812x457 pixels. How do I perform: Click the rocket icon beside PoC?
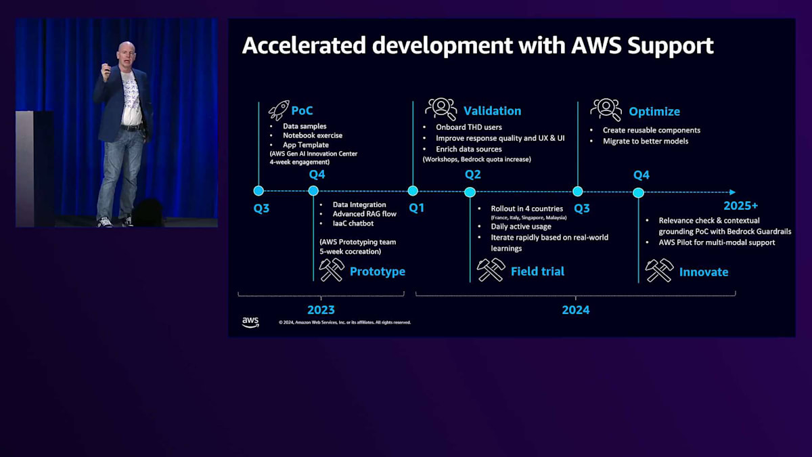pyautogui.click(x=278, y=110)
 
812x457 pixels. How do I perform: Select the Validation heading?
pyautogui.click(x=492, y=111)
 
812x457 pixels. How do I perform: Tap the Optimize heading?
pyautogui.click(x=654, y=112)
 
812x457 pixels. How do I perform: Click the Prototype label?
pyautogui.click(x=377, y=271)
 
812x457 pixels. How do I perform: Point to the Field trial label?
pyautogui.click(x=537, y=271)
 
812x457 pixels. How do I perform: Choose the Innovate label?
pyautogui.click(x=704, y=272)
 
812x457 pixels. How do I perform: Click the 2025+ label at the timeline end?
pyautogui.click(x=740, y=206)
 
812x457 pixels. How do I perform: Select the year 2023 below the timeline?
pyautogui.click(x=321, y=310)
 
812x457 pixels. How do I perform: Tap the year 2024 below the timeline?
pyautogui.click(x=575, y=310)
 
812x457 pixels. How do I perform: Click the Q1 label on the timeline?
pyautogui.click(x=417, y=208)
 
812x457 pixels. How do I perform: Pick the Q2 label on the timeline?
pyautogui.click(x=472, y=175)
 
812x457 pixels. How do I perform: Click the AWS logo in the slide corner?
pyautogui.click(x=250, y=322)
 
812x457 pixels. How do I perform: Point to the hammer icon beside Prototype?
pyautogui.click(x=332, y=269)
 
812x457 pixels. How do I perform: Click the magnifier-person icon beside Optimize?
pyautogui.click(x=606, y=110)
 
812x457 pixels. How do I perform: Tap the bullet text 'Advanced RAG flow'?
pyautogui.click(x=364, y=214)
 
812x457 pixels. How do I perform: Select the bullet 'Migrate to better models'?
pyautogui.click(x=646, y=141)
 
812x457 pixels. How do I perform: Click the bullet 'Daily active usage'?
pyautogui.click(x=521, y=227)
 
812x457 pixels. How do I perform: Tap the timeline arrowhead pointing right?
pyautogui.click(x=731, y=192)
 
